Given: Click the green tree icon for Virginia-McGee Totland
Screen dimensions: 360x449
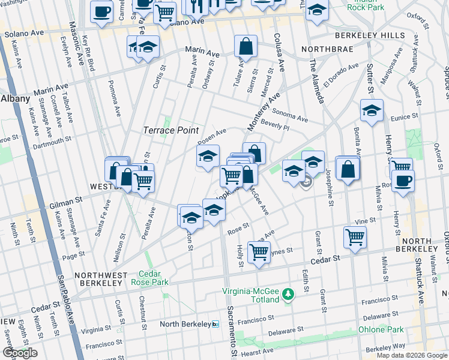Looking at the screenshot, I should click(x=289, y=294).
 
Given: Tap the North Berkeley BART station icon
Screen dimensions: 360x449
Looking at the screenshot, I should click(x=216, y=324).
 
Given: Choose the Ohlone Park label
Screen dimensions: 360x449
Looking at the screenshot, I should click(x=381, y=329).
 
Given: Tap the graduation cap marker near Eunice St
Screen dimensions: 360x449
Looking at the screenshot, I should click(x=372, y=110).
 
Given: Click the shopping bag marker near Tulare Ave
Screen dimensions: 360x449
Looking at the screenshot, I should click(x=246, y=46).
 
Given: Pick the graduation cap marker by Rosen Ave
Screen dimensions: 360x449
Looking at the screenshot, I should click(x=208, y=157).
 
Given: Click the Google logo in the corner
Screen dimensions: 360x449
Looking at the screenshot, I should click(x=20, y=353).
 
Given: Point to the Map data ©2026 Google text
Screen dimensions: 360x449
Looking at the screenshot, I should click(x=411, y=355).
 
